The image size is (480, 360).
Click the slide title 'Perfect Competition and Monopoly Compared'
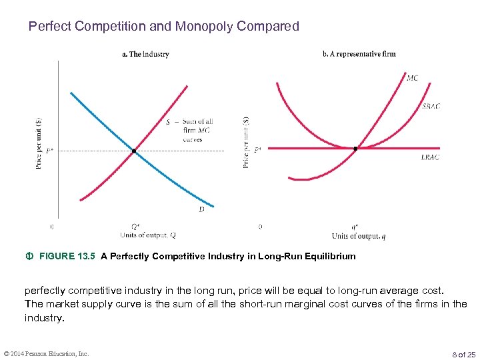[x=163, y=27]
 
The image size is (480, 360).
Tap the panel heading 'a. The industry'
[x=145, y=54]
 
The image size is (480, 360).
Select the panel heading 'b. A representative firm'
[x=359, y=54]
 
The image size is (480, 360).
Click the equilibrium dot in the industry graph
[x=134, y=151]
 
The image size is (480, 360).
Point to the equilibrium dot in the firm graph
[x=355, y=149]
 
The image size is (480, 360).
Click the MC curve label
[x=412, y=78]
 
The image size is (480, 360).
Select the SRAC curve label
[x=431, y=106]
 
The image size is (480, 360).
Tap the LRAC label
[x=430, y=157]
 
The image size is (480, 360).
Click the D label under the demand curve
[x=201, y=210]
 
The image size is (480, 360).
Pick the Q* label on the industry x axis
[x=135, y=227]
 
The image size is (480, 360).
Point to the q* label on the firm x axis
[x=355, y=227]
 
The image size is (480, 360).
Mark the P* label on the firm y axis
[x=257, y=149]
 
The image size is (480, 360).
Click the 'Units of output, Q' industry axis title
[x=148, y=235]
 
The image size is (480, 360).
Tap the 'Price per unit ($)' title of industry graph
[x=39, y=143]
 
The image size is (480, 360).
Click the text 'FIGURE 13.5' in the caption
[x=68, y=256]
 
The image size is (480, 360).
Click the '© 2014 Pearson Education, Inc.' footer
[x=45, y=353]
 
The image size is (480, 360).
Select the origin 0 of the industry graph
[x=53, y=227]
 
